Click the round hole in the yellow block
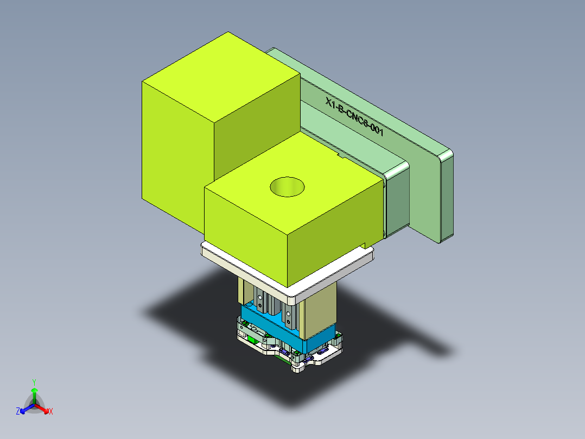287,186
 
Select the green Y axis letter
34,382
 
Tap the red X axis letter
51,412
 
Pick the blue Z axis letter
17,412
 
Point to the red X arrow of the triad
43,409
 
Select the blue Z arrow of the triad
25,409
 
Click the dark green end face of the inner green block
396,201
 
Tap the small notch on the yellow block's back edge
341,156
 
